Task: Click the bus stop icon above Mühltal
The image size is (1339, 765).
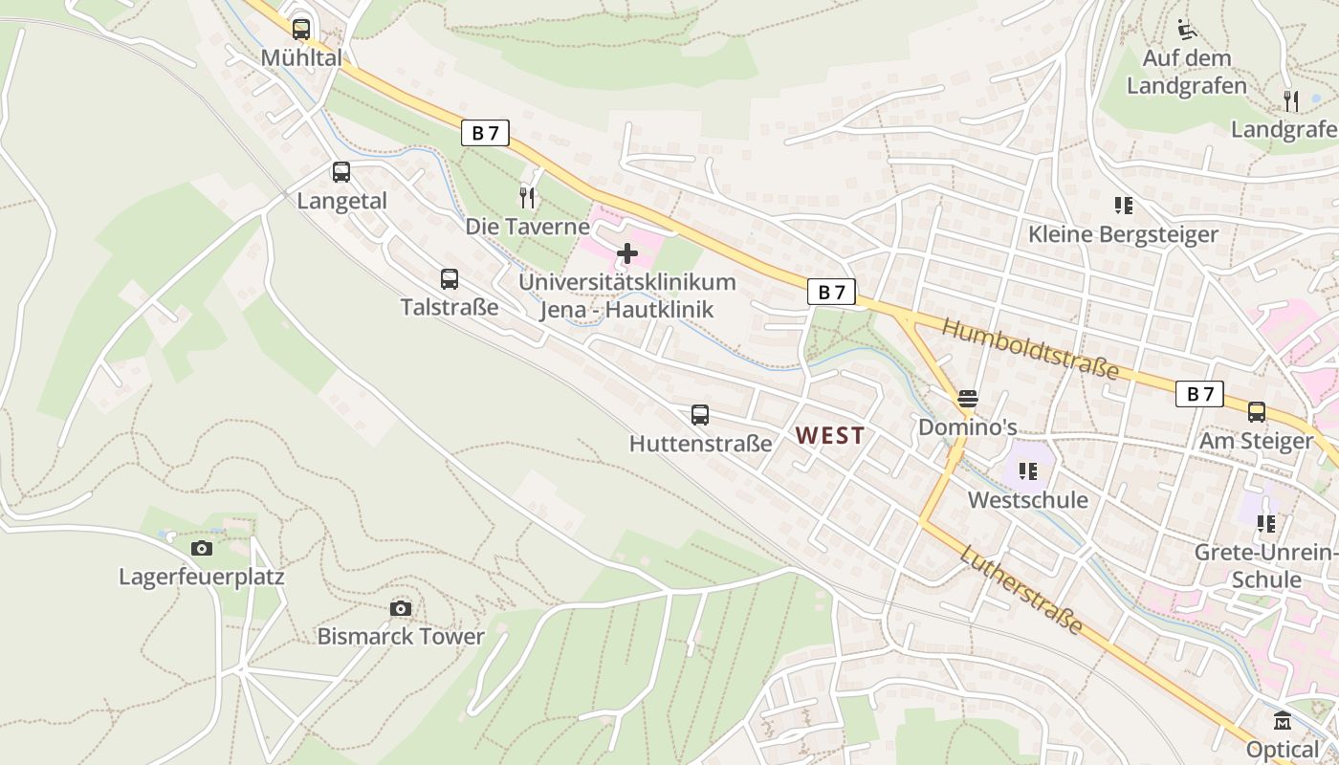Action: pos(301,29)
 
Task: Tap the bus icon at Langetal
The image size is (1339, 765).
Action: pos(341,172)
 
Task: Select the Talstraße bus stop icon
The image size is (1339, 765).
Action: pos(450,279)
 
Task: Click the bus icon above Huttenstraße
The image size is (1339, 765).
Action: pos(700,415)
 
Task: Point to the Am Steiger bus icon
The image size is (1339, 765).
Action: pos(1257,412)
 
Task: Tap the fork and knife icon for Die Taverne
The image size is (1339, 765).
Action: pos(527,198)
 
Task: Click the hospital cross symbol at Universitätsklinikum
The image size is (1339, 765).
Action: pos(627,253)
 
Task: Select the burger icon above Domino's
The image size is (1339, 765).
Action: pos(968,398)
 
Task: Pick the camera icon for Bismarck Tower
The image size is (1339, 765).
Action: pos(401,609)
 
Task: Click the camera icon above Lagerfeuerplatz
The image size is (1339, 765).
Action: pos(201,548)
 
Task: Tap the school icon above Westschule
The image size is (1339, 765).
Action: pos(1028,470)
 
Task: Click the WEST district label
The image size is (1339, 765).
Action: pos(830,436)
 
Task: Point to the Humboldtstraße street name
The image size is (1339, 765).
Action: pos(1030,349)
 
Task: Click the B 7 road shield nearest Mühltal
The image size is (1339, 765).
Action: pos(486,133)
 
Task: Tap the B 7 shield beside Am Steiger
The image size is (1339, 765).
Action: pos(1199,393)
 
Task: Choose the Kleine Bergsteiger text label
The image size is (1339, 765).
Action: pos(1123,234)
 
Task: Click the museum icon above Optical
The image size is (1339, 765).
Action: pos(1283,720)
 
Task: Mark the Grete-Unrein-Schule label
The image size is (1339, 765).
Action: pos(1266,566)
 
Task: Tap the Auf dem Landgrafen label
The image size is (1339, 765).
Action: pos(1187,72)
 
